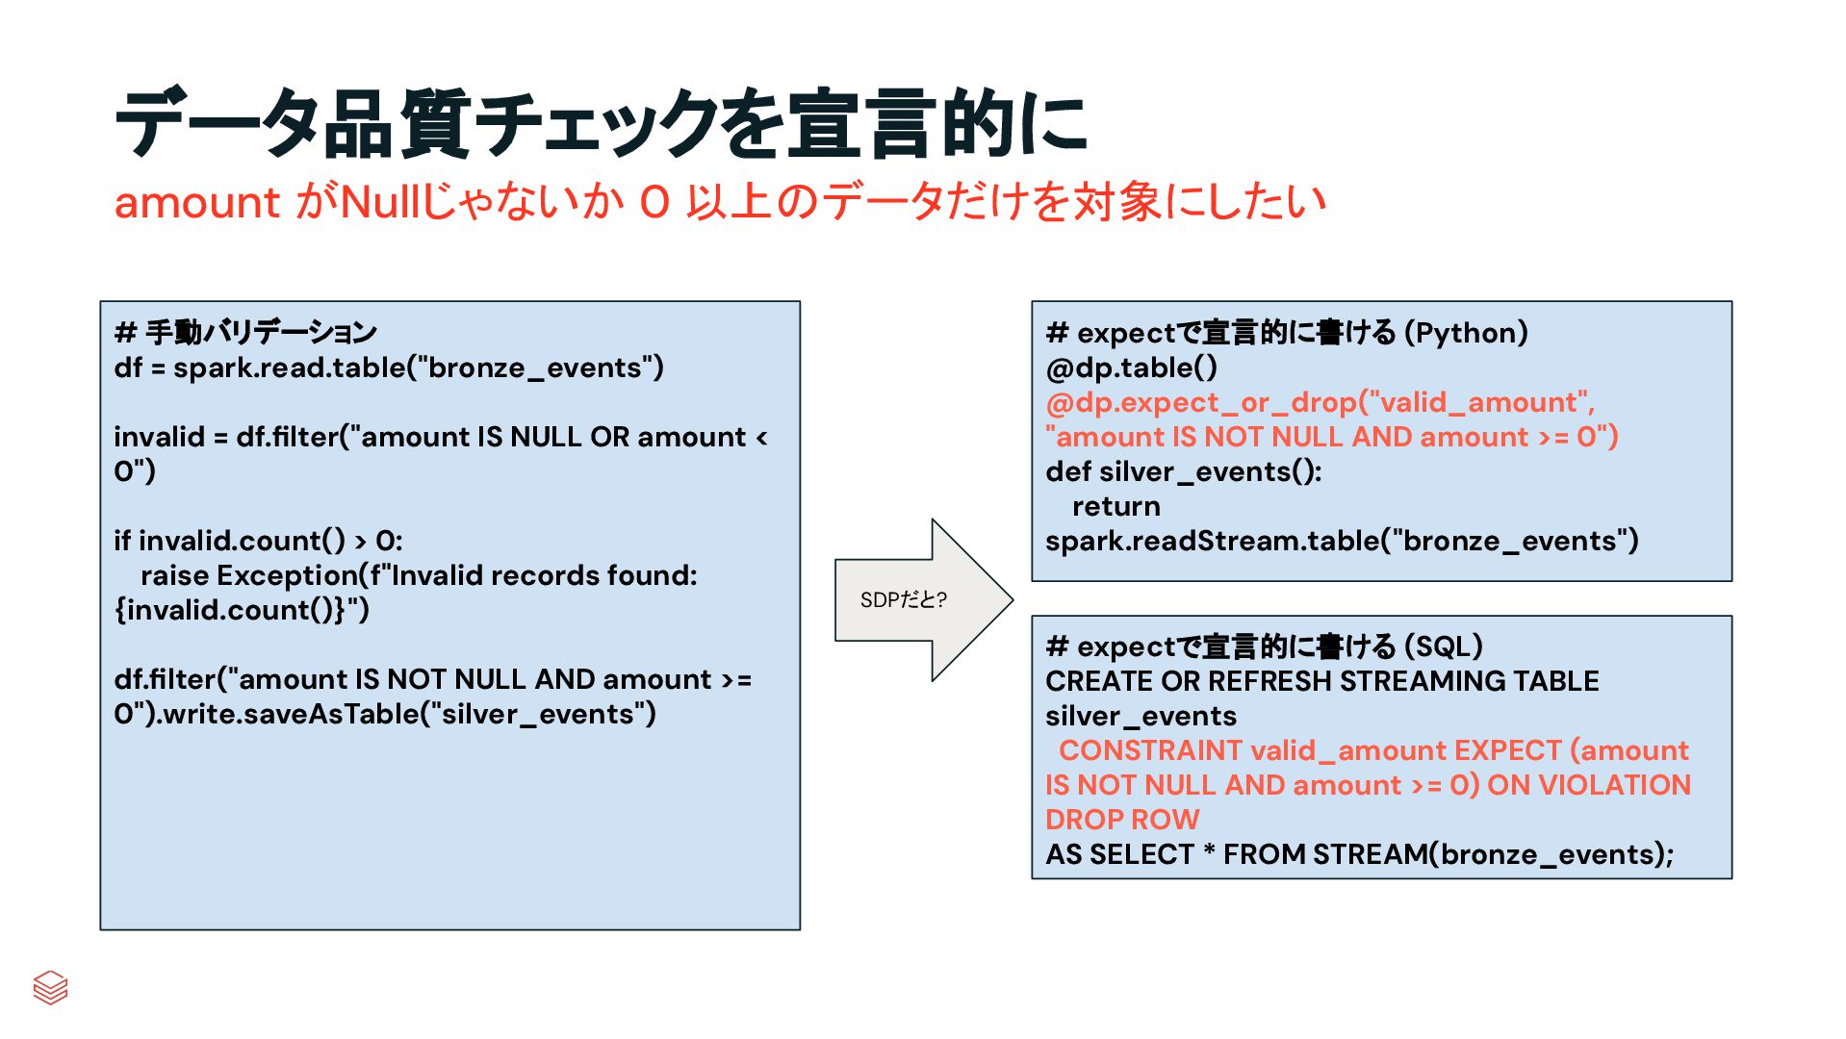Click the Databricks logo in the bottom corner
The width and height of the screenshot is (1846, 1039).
pyautogui.click(x=50, y=987)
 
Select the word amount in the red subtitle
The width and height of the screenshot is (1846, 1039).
pyautogui.click(x=196, y=203)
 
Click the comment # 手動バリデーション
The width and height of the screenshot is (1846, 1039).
pyautogui.click(x=245, y=333)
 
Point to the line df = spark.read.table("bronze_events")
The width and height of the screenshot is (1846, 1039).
pyautogui.click(x=389, y=367)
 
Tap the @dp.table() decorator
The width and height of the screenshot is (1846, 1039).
pyautogui.click(x=1131, y=367)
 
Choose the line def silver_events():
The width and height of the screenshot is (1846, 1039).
pyautogui.click(x=1183, y=471)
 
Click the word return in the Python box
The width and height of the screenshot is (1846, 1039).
pyautogui.click(x=1115, y=506)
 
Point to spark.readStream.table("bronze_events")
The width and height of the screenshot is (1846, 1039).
pyautogui.click(x=1341, y=541)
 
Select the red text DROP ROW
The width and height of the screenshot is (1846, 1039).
pyautogui.click(x=1122, y=820)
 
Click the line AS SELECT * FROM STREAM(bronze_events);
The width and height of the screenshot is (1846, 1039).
pyautogui.click(x=1359, y=854)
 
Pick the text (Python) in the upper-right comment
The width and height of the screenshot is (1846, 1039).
pyautogui.click(x=1466, y=333)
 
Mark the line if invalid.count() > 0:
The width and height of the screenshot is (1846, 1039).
pyautogui.click(x=258, y=541)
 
